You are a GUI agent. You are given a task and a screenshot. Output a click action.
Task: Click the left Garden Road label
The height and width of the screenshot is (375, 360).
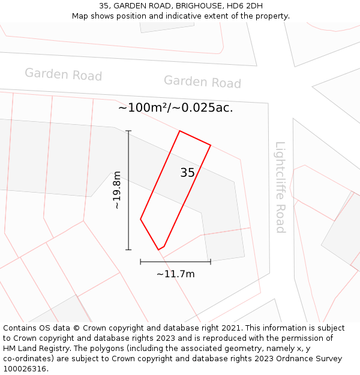(x=63, y=74)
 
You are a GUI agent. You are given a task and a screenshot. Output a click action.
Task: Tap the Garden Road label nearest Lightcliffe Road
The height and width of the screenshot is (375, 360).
(x=202, y=82)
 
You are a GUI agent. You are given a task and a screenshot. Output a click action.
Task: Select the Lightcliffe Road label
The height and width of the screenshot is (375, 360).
(x=280, y=187)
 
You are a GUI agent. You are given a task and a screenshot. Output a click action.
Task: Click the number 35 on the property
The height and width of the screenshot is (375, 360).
(x=187, y=173)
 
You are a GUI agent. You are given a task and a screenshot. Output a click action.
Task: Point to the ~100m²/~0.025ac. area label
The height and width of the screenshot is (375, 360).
(x=175, y=108)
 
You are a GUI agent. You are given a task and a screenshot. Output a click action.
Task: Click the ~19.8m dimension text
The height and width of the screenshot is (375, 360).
(x=117, y=190)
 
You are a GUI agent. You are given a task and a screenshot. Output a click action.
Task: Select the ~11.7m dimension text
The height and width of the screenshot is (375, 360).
(x=175, y=274)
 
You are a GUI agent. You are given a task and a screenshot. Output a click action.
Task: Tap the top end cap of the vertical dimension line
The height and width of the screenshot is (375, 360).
(x=128, y=131)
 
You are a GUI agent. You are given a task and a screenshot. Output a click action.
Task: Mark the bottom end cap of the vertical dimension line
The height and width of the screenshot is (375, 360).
(x=128, y=250)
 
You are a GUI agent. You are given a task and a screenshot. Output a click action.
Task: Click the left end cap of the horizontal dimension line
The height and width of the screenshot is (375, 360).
(x=140, y=262)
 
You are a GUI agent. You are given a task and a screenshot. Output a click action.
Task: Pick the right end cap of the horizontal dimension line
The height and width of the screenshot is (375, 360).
(x=211, y=262)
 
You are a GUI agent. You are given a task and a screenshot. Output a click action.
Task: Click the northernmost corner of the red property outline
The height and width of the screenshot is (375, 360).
(x=180, y=131)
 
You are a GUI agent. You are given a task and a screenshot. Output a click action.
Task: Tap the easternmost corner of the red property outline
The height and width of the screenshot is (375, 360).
(x=211, y=145)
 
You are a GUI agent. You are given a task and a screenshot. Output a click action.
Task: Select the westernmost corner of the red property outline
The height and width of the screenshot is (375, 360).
(x=140, y=219)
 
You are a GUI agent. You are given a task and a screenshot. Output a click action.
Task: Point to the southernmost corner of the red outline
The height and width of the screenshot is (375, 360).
(x=158, y=250)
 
